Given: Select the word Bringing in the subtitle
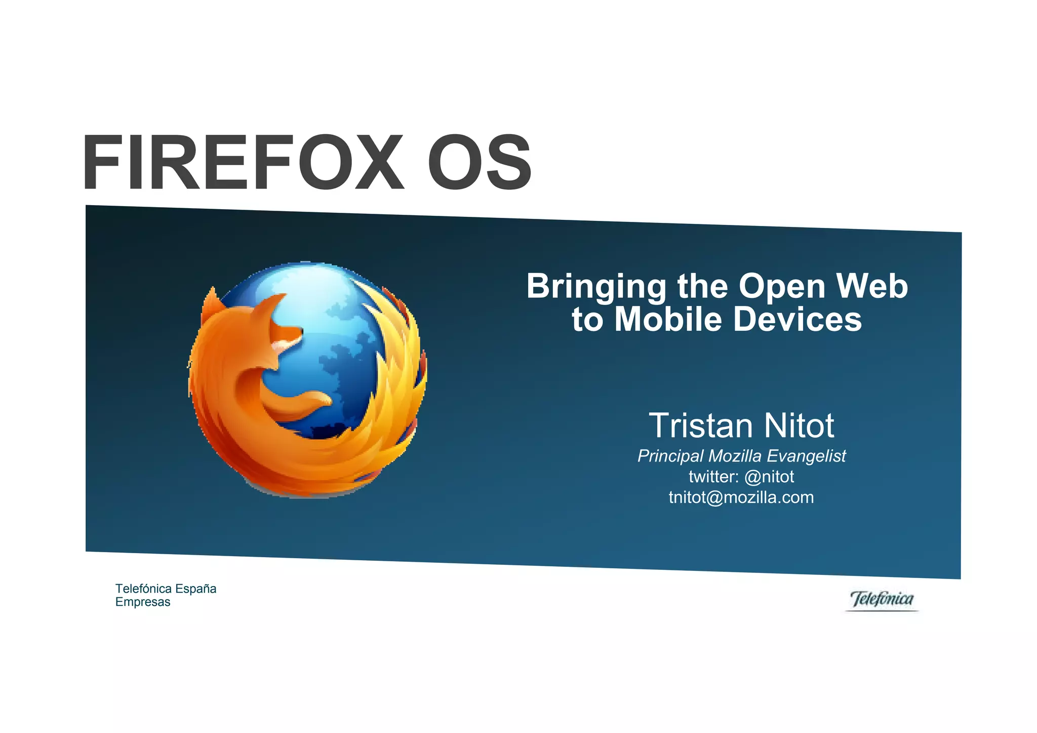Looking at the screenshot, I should (596, 287).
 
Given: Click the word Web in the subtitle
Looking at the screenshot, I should (872, 286).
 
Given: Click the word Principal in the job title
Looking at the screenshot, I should (670, 456).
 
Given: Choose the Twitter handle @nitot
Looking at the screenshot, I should (769, 477).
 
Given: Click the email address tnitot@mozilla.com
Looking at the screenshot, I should (741, 497).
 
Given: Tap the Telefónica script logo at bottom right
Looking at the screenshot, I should (882, 600).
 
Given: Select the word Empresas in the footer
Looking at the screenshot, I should (143, 602).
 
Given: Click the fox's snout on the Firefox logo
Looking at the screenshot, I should (296, 332).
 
